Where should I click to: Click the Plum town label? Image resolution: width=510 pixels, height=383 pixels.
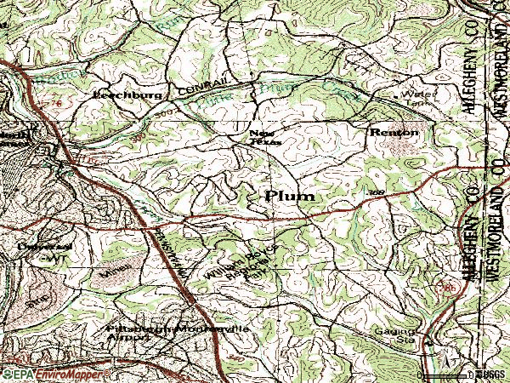[x=290, y=196]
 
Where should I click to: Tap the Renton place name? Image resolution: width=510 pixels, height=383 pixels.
[x=394, y=133]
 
